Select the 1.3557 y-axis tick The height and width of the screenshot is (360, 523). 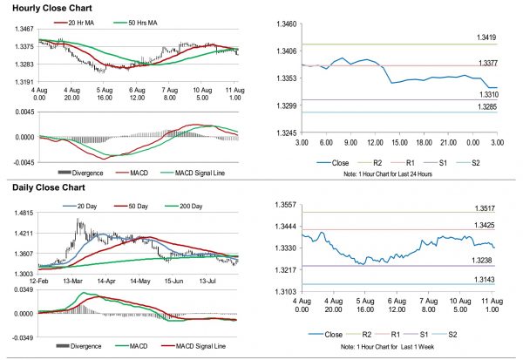(x=281, y=203)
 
